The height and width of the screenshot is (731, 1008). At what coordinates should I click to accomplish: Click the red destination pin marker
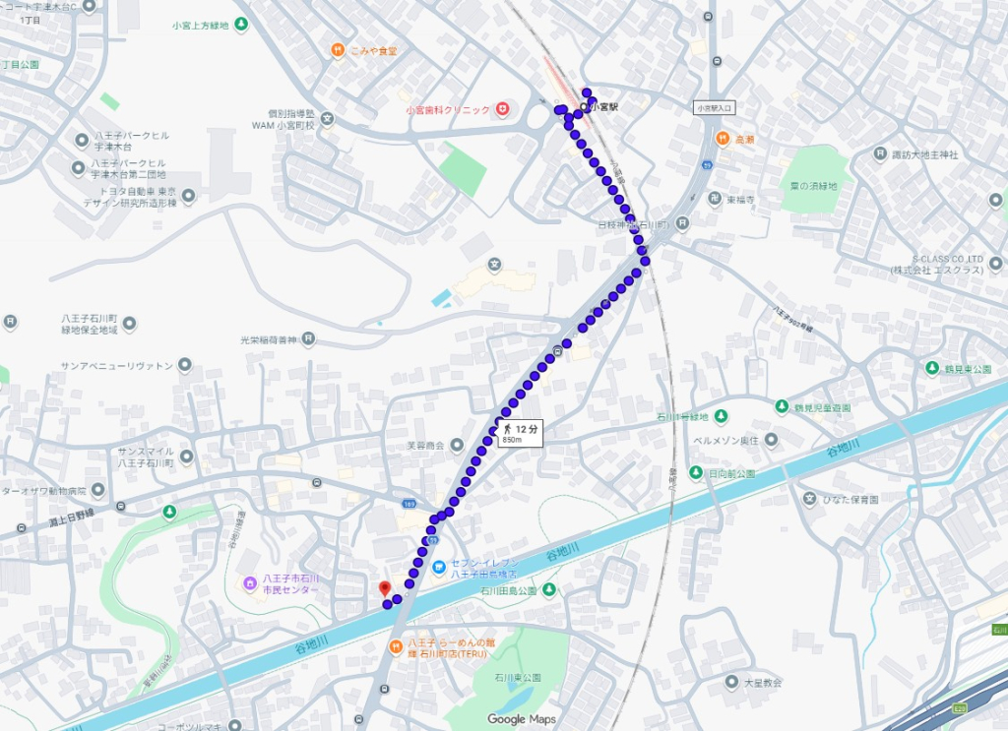click(384, 588)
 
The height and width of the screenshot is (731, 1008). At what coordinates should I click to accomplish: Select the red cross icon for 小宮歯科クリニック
click(502, 108)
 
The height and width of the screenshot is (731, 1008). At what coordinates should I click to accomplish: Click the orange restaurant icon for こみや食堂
click(337, 49)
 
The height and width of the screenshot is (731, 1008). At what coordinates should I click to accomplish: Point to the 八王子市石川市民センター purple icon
click(250, 583)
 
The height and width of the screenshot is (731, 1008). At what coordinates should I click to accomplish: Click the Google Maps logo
click(521, 719)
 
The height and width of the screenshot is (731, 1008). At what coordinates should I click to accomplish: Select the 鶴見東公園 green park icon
click(931, 368)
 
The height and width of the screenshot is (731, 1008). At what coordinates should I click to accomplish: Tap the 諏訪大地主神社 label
click(923, 154)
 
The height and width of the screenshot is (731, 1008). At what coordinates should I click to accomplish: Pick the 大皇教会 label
click(762, 681)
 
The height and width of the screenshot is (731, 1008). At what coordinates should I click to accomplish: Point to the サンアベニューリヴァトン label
click(116, 365)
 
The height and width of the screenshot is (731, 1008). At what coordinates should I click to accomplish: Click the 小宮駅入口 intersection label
click(714, 108)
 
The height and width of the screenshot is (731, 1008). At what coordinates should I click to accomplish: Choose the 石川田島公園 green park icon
click(549, 589)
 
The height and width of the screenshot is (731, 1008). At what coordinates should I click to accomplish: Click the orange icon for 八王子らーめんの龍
click(394, 647)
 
